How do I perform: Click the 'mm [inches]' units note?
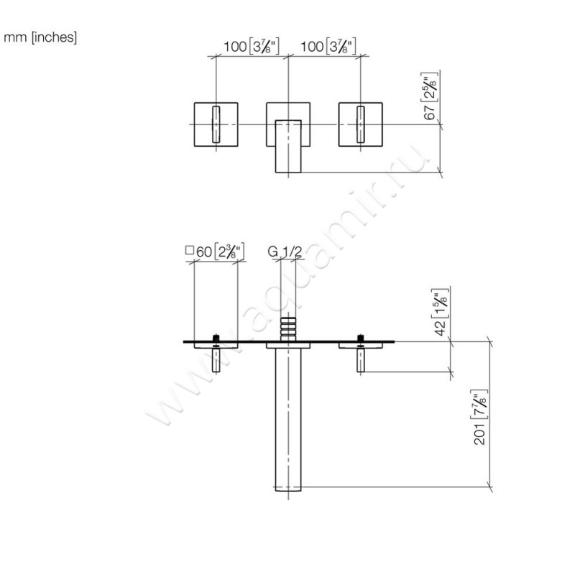[x=40, y=37]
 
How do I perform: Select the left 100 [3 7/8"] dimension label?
[x=251, y=47]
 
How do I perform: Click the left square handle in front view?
[x=216, y=124]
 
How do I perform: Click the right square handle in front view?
[x=360, y=124]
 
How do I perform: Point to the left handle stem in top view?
[x=216, y=359]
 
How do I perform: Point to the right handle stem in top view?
[x=359, y=359]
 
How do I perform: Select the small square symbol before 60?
[x=190, y=251]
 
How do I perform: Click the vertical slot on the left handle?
[x=216, y=124]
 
